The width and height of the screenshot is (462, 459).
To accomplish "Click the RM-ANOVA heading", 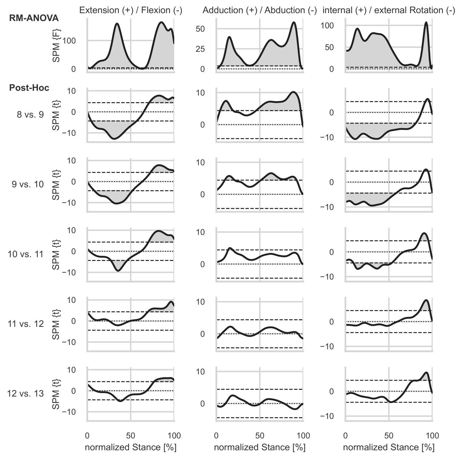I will click(x=34, y=18).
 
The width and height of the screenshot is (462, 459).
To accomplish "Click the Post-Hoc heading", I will click(x=29, y=88).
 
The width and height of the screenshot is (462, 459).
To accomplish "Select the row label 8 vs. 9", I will click(x=30, y=115).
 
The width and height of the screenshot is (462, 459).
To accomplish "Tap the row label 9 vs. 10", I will click(x=28, y=184).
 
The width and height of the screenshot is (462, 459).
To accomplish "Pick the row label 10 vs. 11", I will click(x=25, y=254).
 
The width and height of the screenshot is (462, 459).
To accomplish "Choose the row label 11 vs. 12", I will click(x=25, y=324).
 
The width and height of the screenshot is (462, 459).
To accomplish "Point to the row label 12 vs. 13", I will click(x=25, y=393).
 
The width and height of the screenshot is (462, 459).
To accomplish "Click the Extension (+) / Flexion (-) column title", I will click(x=131, y=10).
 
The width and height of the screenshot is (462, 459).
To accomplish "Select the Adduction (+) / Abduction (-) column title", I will click(x=260, y=10).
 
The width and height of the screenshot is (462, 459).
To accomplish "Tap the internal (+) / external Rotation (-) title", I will click(x=389, y=10).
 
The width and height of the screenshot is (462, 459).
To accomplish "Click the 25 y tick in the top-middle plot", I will click(x=200, y=49).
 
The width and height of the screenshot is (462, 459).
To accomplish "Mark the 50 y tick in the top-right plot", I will click(x=329, y=47).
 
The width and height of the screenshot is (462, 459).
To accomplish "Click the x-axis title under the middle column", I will click(x=260, y=447).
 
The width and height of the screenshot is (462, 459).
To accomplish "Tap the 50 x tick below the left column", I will click(x=131, y=436).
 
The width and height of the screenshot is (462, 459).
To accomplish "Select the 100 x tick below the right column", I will click(x=432, y=436).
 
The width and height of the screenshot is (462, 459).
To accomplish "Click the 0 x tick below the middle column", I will click(x=216, y=436).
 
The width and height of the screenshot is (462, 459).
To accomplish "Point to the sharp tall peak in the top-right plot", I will click(x=426, y=23).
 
